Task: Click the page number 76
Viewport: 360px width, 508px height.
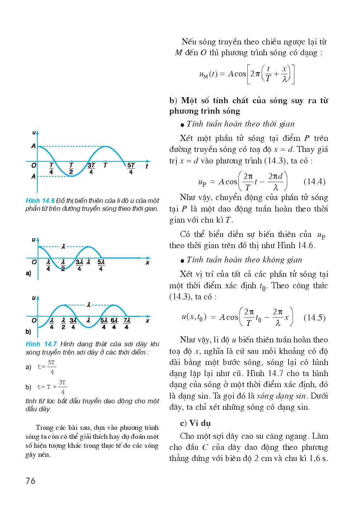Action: [30, 481]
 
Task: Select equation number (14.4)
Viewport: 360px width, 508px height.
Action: [314, 181]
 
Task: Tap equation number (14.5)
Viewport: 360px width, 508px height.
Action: [314, 318]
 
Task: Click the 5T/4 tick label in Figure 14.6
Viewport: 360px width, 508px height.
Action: [131, 168]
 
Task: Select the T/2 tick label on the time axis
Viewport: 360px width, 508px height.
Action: [71, 168]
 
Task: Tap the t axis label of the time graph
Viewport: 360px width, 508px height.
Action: [147, 166]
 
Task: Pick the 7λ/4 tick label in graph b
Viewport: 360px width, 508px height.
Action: [127, 324]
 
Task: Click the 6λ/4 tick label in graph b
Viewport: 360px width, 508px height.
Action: [114, 324]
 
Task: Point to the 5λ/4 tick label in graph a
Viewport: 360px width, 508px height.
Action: [101, 265]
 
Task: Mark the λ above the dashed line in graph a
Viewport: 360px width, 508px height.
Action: [63, 246]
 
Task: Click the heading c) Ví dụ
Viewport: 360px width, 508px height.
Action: [195, 423]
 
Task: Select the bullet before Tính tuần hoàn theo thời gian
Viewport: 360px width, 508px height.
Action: [183, 125]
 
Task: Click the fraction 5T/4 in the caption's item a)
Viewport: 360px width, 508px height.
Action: [52, 367]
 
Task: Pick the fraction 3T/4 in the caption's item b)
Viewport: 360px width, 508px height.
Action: [62, 387]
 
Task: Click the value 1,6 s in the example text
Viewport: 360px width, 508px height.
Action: [319, 459]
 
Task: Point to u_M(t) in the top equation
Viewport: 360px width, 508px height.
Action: [208, 74]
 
